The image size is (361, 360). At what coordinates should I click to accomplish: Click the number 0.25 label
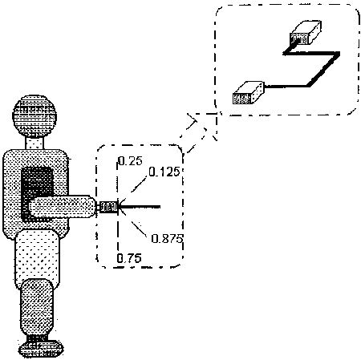tap(131, 161)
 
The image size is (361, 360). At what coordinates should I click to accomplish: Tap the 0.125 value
tap(164, 172)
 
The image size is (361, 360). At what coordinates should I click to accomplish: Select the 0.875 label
tap(167, 238)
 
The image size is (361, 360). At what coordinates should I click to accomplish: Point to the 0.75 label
tap(129, 258)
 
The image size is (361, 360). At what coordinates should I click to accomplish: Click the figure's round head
tap(34, 116)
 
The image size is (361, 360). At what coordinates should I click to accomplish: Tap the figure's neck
tap(34, 144)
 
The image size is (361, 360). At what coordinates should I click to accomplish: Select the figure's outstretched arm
tap(62, 207)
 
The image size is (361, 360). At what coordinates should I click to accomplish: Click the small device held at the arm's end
tap(108, 207)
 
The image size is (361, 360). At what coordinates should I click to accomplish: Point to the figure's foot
tap(41, 348)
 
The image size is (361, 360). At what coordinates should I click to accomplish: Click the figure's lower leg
tap(37, 307)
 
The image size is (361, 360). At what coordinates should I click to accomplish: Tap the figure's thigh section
tap(37, 259)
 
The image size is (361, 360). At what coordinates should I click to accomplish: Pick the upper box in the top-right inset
tap(306, 33)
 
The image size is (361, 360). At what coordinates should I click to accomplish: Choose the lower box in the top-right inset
tap(249, 93)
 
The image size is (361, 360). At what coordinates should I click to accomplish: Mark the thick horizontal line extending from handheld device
tap(140, 207)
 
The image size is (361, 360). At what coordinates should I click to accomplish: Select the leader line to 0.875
tap(135, 224)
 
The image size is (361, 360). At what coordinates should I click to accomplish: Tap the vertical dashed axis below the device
tap(118, 235)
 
